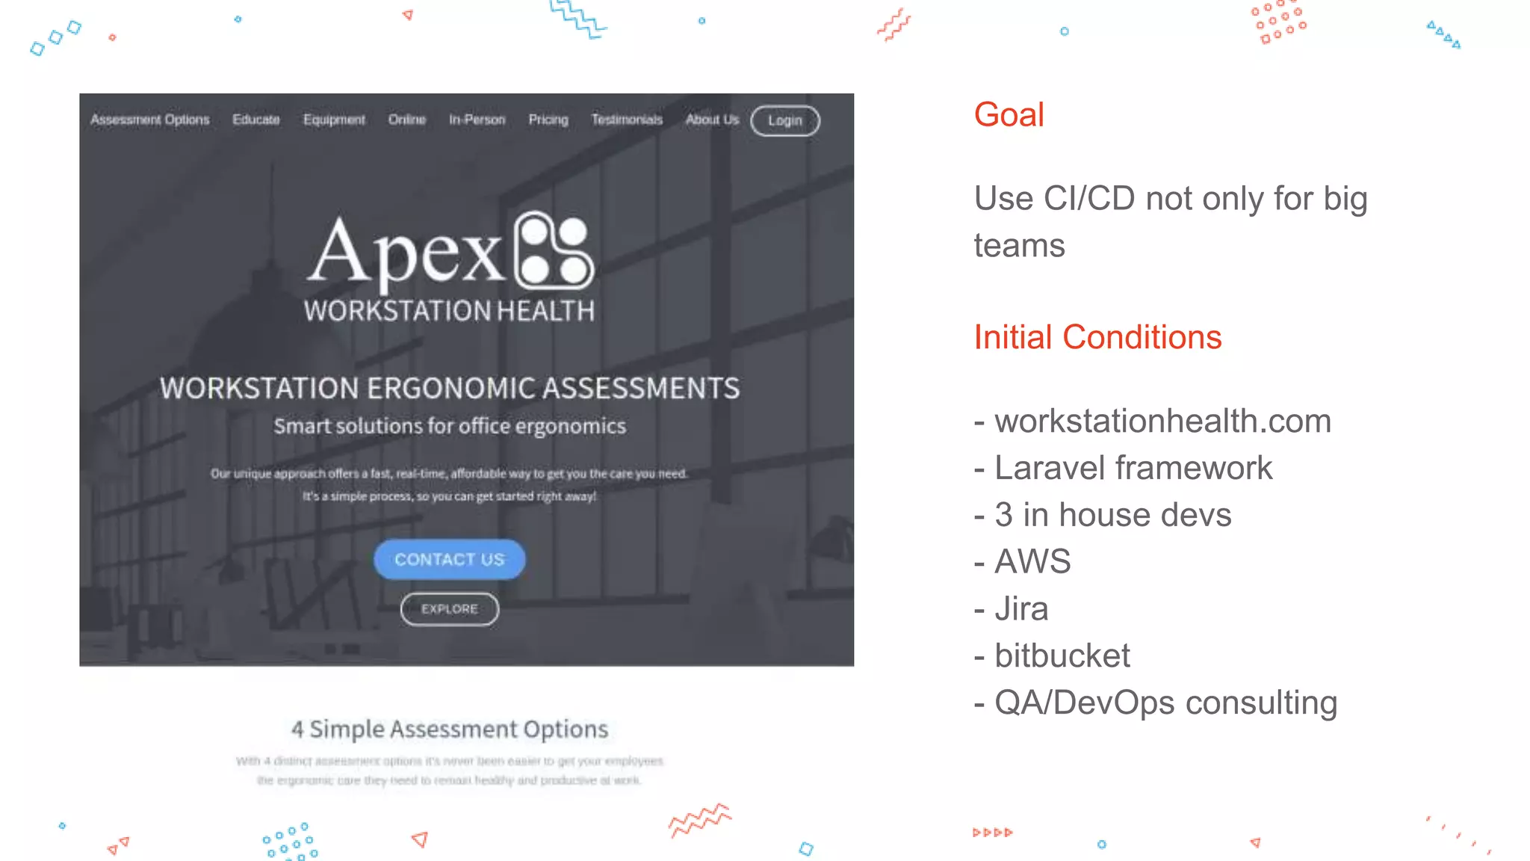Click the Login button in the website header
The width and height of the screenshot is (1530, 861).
784,120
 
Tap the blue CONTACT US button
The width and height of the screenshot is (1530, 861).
449,559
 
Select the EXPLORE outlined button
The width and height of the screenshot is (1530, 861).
449,609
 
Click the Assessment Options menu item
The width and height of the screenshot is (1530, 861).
150,120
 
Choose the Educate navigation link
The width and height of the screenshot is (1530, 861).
255,120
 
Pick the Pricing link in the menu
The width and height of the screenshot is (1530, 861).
548,120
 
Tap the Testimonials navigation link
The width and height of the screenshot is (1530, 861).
627,120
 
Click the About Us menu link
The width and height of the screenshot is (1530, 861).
712,120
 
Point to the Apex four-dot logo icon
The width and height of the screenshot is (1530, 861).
554,250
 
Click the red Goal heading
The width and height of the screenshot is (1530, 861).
1009,115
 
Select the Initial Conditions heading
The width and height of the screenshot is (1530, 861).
1097,337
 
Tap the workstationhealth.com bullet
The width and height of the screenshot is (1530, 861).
1162,422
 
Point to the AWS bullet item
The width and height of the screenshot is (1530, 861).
1032,562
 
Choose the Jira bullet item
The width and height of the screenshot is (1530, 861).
1021,609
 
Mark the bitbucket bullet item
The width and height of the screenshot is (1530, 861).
1062,656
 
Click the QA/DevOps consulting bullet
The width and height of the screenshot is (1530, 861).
1165,703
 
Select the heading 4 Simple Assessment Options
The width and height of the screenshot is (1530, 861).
450,729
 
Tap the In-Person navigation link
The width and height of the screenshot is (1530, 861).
477,120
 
